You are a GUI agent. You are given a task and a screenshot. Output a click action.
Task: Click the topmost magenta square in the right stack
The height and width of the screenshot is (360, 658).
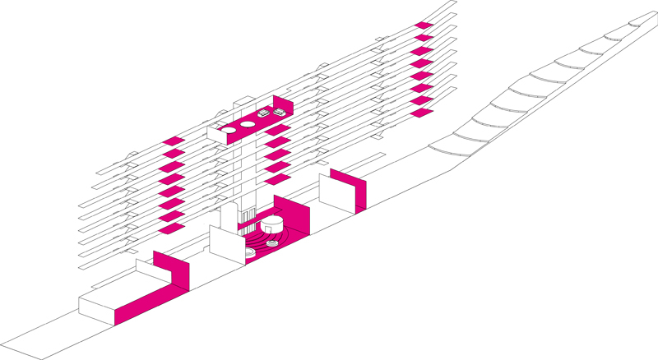pos(423,25)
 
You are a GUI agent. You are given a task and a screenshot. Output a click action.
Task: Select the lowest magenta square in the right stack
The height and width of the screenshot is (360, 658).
pos(422,113)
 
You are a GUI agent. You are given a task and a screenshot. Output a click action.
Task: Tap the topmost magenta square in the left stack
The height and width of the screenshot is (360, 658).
pos(172,141)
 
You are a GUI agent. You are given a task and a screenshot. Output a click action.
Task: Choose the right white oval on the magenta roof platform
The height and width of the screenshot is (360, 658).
pos(246,123)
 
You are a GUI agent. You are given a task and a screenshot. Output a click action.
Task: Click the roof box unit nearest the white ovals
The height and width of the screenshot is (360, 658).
pos(264,114)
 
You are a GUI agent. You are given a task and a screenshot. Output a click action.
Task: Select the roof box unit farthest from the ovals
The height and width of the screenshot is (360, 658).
pos(280,111)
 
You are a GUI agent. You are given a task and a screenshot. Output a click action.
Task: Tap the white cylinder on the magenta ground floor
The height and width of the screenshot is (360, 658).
pos(272,224)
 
